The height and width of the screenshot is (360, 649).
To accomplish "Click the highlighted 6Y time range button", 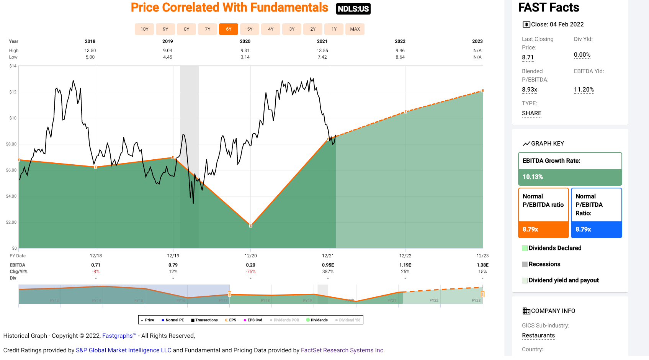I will [x=229, y=29].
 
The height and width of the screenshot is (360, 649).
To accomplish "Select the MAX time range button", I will [x=355, y=29].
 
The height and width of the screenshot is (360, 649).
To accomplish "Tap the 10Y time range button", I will [x=144, y=29].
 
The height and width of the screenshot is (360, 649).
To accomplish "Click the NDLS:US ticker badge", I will [x=353, y=9].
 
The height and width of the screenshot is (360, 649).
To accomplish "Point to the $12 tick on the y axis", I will [x=13, y=92].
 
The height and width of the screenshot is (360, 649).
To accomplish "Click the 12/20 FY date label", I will [x=250, y=256].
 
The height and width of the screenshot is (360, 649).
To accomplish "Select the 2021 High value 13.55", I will [x=322, y=51].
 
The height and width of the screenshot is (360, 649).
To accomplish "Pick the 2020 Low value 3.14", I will [x=245, y=57].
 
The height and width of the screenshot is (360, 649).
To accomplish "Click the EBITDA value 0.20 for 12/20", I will [x=250, y=265].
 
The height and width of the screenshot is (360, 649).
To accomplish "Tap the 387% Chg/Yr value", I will [x=328, y=272].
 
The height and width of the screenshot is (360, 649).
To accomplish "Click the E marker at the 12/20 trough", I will [x=251, y=226].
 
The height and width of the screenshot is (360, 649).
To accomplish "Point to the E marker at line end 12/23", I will [x=482, y=91].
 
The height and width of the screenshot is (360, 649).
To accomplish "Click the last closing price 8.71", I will [x=528, y=57].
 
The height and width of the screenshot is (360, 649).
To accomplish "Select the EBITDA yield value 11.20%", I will [x=584, y=90].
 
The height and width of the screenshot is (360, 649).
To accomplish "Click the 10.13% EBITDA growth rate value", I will [x=533, y=177].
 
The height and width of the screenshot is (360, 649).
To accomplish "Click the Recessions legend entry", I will [x=544, y=264].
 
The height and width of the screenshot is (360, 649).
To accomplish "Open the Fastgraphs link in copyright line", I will [x=117, y=336].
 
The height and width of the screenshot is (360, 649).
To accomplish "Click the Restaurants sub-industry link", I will [x=538, y=335].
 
